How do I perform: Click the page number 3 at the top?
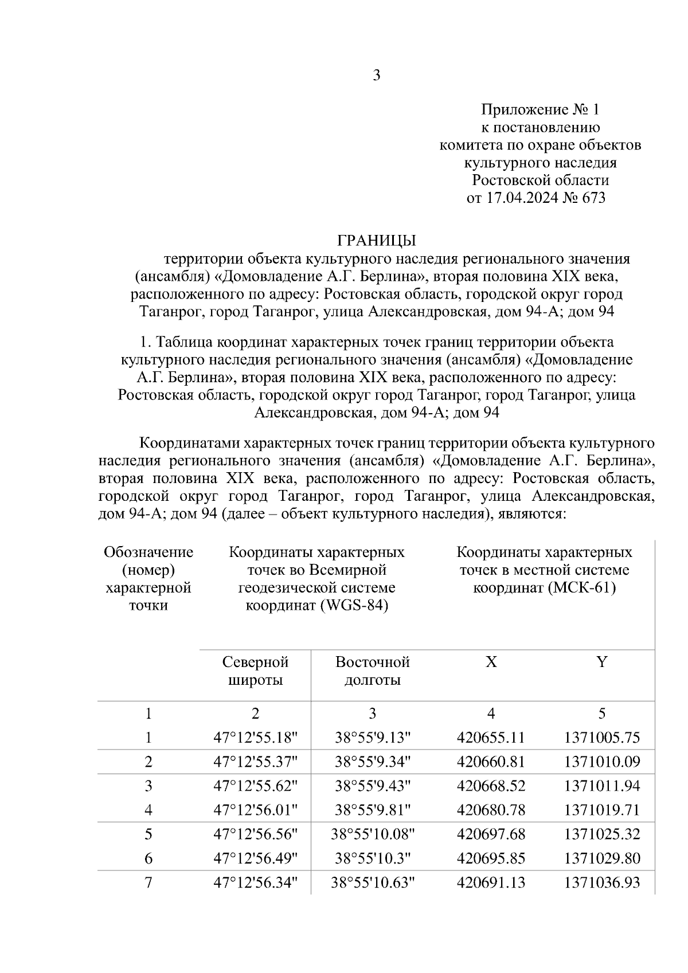pyautogui.click(x=376, y=75)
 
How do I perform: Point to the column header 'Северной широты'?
pyautogui.click(x=255, y=671)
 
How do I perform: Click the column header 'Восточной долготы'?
pyautogui.click(x=372, y=671)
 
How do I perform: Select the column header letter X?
pyautogui.click(x=491, y=662)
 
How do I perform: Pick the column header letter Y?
pyautogui.click(x=601, y=662)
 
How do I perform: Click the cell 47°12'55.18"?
pyautogui.click(x=255, y=737)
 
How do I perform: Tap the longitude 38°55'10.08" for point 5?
pyautogui.click(x=372, y=834)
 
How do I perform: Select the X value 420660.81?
pyautogui.click(x=491, y=762)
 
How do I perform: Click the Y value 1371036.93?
pyautogui.click(x=601, y=883)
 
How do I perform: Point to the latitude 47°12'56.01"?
pyautogui.click(x=255, y=810)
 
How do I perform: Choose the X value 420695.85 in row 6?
pyautogui.click(x=491, y=858)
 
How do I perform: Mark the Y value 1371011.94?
pyautogui.click(x=601, y=786)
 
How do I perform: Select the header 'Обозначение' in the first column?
pyautogui.click(x=148, y=552)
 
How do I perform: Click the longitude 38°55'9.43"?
pyautogui.click(x=372, y=786)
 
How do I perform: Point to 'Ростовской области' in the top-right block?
pyautogui.click(x=540, y=181)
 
